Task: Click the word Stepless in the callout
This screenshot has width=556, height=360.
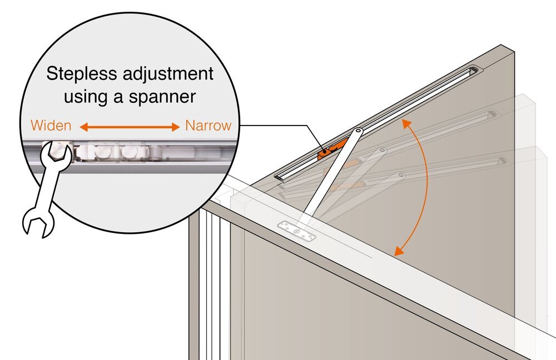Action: (x=81, y=74)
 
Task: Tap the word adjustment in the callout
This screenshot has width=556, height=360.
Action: (x=168, y=74)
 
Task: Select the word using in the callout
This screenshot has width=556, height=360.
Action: (x=86, y=97)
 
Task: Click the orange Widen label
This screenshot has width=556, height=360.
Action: (x=51, y=126)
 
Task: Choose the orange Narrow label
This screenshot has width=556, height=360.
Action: (x=208, y=126)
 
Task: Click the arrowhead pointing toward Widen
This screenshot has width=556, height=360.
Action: (x=84, y=127)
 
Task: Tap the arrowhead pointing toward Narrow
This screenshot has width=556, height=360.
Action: (x=176, y=127)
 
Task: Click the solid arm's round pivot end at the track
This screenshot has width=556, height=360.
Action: (x=358, y=132)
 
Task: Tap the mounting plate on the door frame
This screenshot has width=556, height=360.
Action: (x=296, y=231)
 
